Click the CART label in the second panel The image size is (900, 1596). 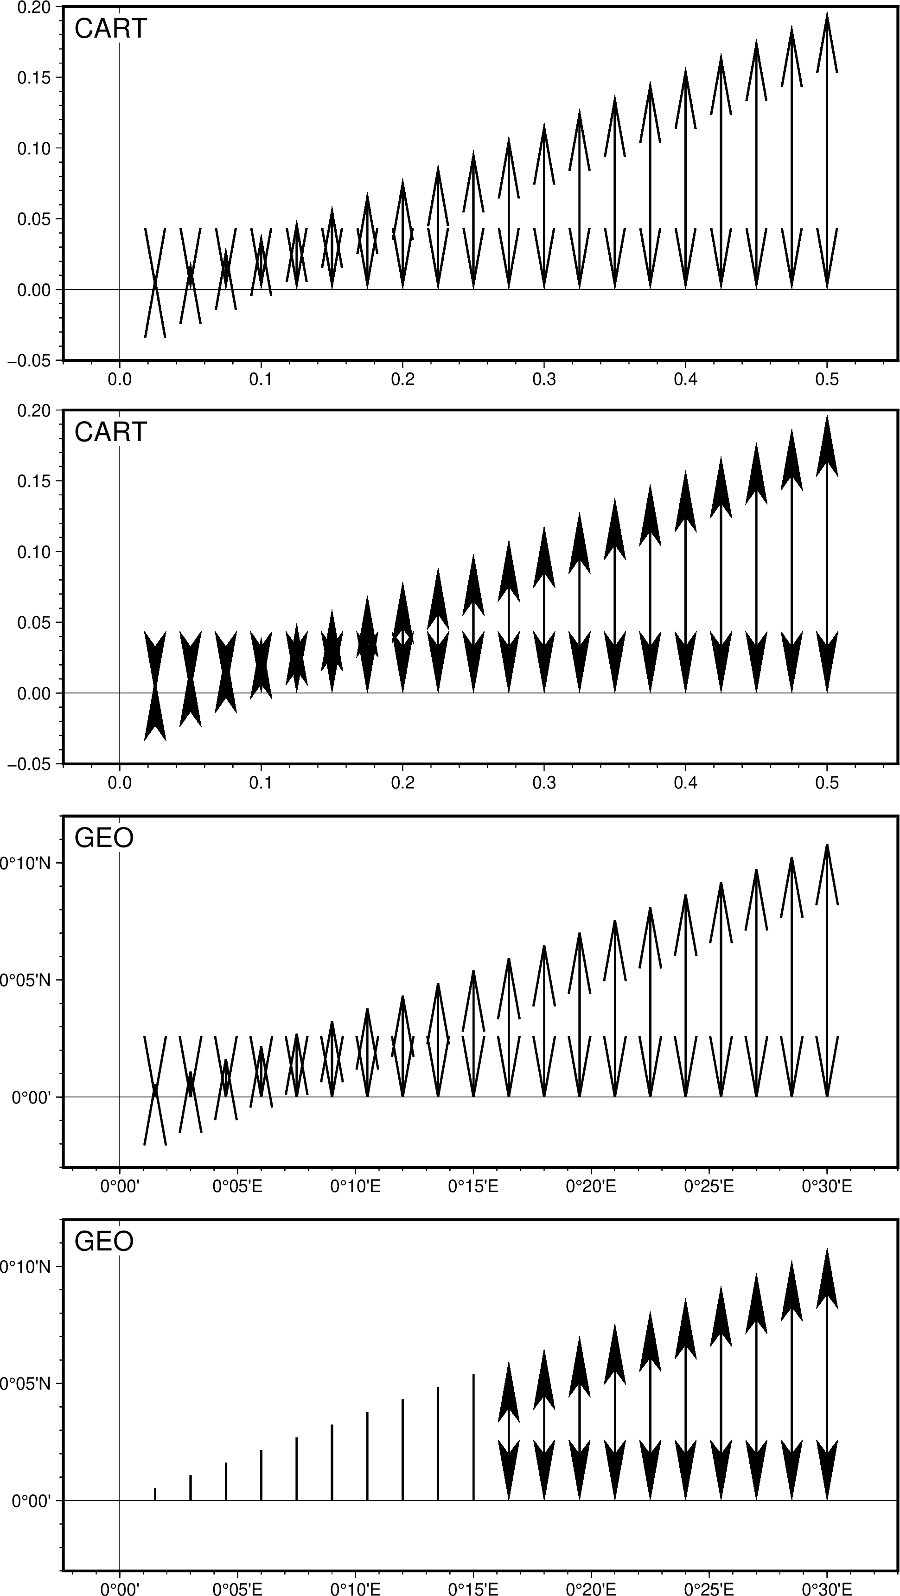tap(110, 432)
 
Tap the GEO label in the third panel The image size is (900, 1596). tap(103, 838)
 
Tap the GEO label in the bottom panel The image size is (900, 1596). tap(103, 1242)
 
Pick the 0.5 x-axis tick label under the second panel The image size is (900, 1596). tap(827, 783)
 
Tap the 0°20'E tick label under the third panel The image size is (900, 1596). tap(591, 1187)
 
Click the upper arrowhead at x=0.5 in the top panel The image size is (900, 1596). tap(827, 44)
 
